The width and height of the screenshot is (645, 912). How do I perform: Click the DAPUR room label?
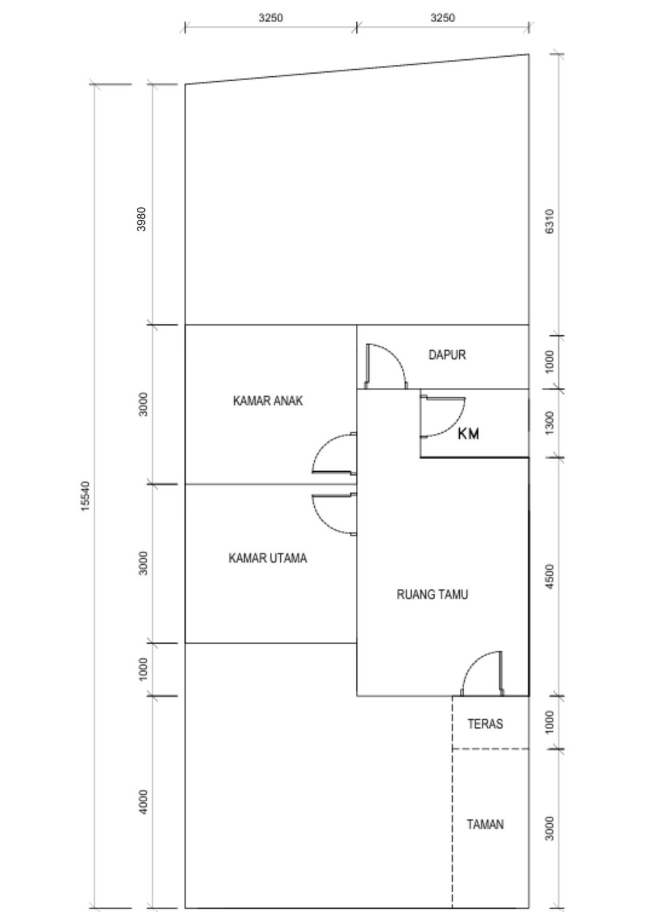pyautogui.click(x=447, y=355)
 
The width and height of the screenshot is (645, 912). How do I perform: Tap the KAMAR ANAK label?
pyautogui.click(x=268, y=401)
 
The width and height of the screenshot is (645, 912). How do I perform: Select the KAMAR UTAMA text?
pyautogui.click(x=268, y=558)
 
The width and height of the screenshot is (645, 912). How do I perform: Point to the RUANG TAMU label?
pyautogui.click(x=432, y=595)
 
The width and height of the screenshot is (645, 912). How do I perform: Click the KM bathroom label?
pyautogui.click(x=468, y=434)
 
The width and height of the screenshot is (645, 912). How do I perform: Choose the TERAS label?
pyautogui.click(x=485, y=724)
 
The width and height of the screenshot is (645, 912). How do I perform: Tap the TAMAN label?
pyautogui.click(x=485, y=824)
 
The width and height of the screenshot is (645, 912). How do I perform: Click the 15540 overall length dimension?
pyautogui.click(x=86, y=496)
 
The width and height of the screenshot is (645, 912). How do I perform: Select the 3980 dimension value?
pyautogui.click(x=142, y=219)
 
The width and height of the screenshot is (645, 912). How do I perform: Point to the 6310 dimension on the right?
pyautogui.click(x=550, y=222)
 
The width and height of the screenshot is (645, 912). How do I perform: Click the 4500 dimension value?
pyautogui.click(x=550, y=576)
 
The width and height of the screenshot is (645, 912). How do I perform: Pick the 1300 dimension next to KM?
pyautogui.click(x=550, y=423)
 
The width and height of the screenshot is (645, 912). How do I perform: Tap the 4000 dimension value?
pyautogui.click(x=143, y=802)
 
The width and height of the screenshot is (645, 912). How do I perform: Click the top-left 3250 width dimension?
pyautogui.click(x=271, y=18)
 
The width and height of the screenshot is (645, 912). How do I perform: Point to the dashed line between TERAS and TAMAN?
pyautogui.click(x=491, y=749)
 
